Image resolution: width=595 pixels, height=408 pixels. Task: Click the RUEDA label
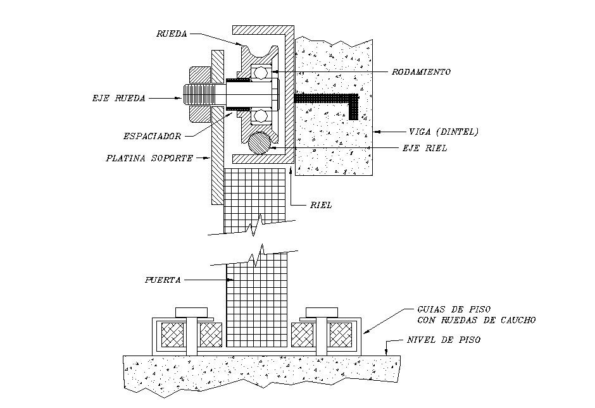point(171,34)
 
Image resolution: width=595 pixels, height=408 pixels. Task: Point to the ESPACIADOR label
point(152,136)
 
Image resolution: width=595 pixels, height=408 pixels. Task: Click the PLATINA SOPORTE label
point(149,158)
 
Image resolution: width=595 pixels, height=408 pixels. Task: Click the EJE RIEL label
point(426,148)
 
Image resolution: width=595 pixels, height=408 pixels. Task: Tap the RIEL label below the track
point(322,205)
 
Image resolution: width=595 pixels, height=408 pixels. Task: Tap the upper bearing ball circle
point(260,73)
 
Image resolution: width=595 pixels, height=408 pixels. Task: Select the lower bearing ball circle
point(260,115)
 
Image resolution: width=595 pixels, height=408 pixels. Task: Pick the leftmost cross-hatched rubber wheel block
point(173,334)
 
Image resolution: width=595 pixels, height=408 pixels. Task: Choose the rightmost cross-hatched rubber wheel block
point(341,334)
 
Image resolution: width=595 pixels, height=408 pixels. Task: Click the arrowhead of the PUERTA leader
point(224,279)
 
